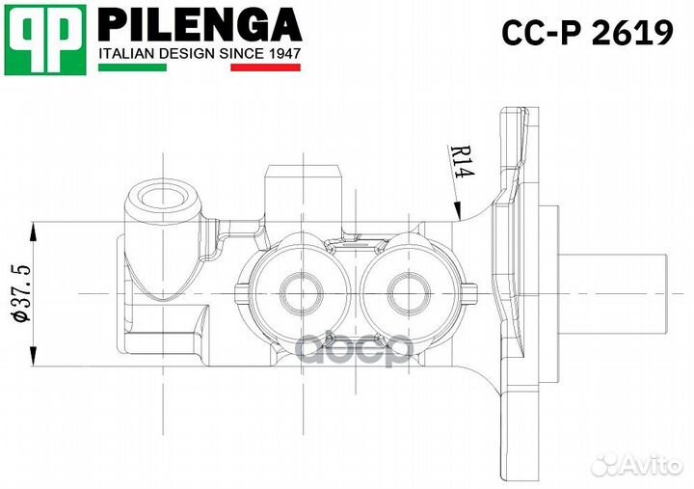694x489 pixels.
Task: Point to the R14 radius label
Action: point(460,160)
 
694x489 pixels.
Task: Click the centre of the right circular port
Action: point(404,288)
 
